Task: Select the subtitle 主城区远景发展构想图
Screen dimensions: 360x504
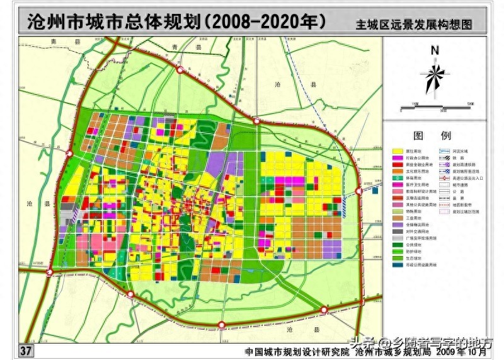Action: click(x=413, y=25)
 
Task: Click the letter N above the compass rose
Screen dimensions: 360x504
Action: click(x=434, y=51)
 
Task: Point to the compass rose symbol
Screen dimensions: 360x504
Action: click(x=434, y=76)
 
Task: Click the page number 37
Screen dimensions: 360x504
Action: click(x=26, y=351)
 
